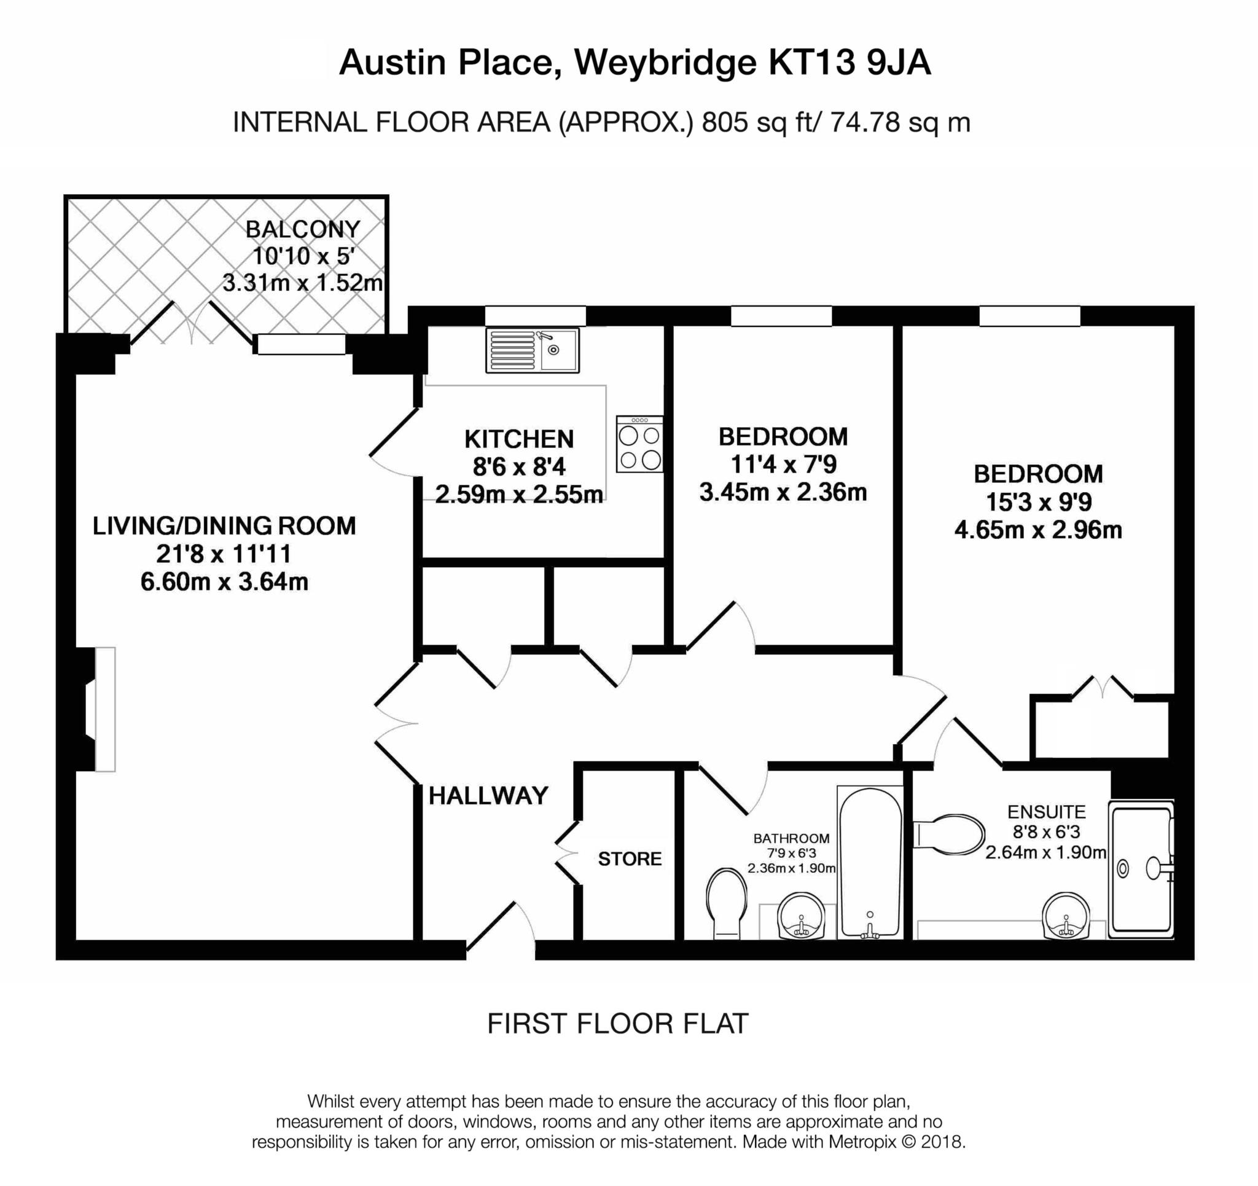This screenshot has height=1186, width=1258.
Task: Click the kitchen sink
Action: click(x=532, y=350)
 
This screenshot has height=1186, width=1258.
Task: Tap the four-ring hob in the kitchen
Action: click(x=639, y=444)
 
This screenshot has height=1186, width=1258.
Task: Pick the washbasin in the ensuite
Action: click(x=1066, y=916)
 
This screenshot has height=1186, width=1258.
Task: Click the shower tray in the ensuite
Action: click(x=1141, y=869)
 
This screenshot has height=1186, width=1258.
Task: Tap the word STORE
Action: click(x=630, y=858)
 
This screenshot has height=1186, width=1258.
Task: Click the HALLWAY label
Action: click(x=488, y=796)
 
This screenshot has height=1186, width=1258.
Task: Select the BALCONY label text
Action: click(x=302, y=229)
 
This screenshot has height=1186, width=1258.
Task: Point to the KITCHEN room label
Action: click(x=519, y=439)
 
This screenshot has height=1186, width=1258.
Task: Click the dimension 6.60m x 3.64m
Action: click(x=224, y=581)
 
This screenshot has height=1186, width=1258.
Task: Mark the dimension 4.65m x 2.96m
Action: click(x=1037, y=529)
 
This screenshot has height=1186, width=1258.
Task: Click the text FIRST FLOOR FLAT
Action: click(x=617, y=1023)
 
